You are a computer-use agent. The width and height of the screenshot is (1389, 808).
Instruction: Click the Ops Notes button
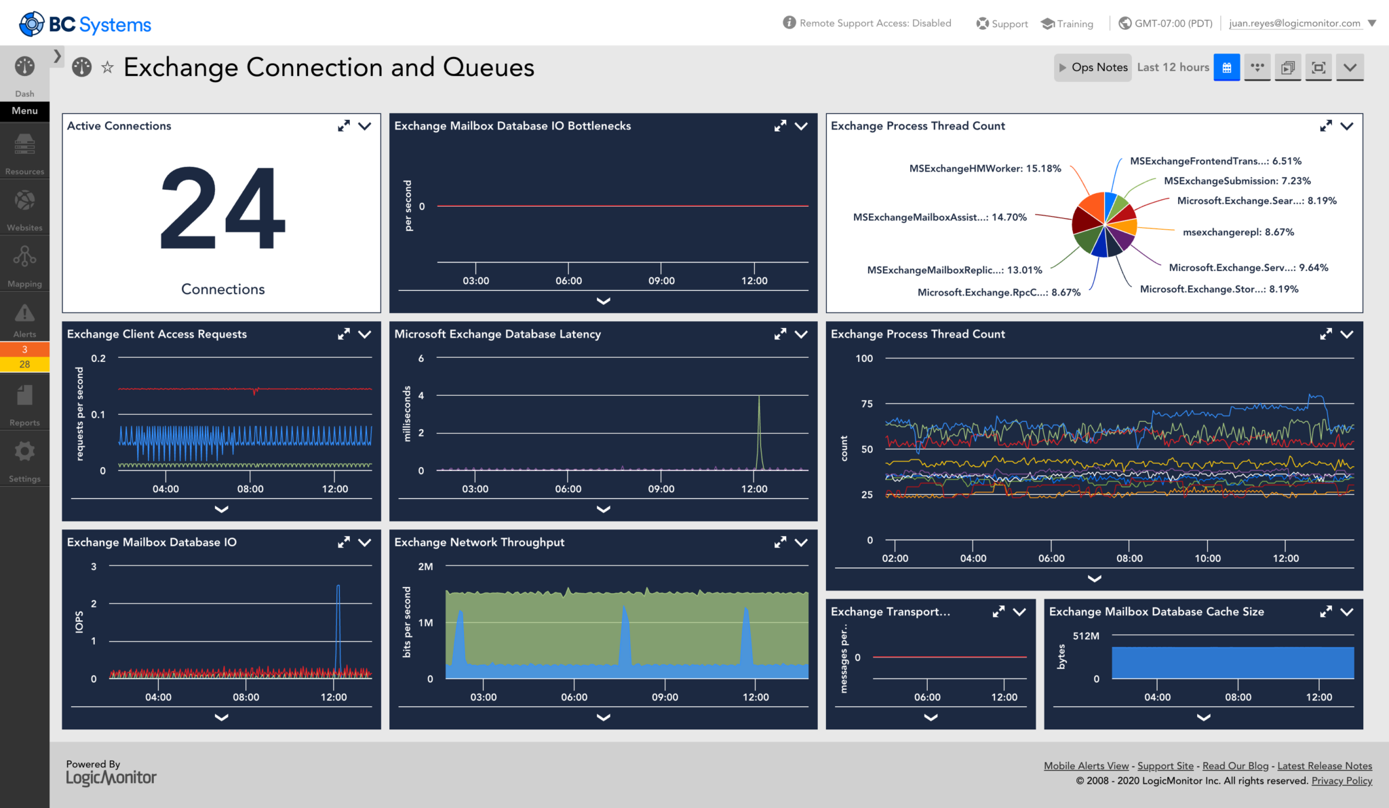[x=1093, y=68]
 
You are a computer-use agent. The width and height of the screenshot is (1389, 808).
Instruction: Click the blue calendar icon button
[x=1226, y=68]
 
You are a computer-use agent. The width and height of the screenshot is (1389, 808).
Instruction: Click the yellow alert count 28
[x=24, y=365]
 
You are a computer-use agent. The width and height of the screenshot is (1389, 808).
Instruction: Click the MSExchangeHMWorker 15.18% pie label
[x=985, y=169]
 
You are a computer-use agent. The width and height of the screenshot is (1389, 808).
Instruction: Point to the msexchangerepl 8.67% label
[x=1238, y=233]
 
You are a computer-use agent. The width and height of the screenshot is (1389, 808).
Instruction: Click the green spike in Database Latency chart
[x=759, y=427]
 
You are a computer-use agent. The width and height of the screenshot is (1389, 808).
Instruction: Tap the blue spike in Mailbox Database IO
[x=338, y=624]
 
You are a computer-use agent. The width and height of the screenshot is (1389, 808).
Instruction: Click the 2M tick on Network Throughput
[x=425, y=567]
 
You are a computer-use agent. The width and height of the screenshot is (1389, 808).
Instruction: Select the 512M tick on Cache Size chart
[x=1086, y=636]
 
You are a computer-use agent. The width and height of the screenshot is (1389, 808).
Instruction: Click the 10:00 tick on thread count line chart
[x=1207, y=559]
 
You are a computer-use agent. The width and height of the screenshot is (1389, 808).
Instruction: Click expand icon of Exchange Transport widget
[x=998, y=611]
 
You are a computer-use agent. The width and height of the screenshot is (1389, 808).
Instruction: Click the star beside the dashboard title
[x=107, y=67]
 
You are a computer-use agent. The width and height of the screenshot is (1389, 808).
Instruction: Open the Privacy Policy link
[x=1342, y=781]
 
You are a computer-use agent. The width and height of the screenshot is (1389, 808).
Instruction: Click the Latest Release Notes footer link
[x=1324, y=766]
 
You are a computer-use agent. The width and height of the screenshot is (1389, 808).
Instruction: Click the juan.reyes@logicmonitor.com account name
[x=1294, y=23]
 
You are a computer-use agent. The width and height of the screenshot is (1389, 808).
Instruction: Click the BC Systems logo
[x=85, y=24]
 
